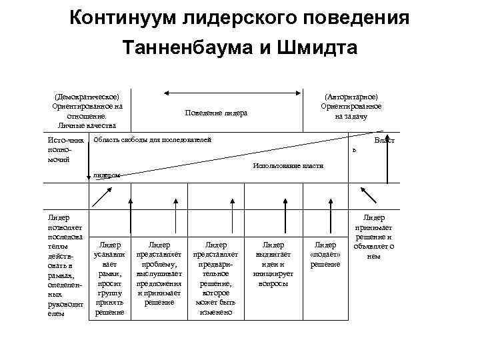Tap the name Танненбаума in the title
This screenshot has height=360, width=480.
tap(202, 48)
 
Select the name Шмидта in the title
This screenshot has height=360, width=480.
tap(317, 48)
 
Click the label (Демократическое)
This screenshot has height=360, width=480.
tap(87, 97)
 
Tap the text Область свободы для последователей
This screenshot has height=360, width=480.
tap(153, 140)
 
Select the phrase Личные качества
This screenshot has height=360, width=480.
tap(87, 125)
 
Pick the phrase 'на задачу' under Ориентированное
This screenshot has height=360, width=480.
tap(351, 116)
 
